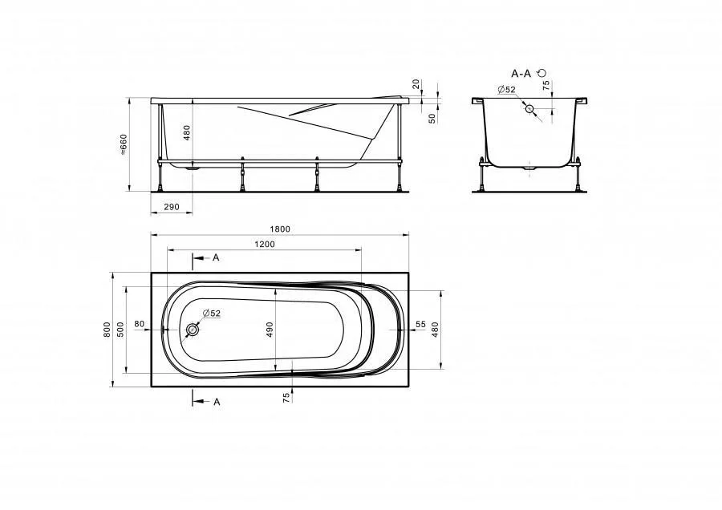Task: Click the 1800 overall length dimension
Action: click(x=280, y=229)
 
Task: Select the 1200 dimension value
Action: click(x=265, y=244)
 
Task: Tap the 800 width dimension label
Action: click(x=107, y=330)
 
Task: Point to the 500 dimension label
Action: click(x=120, y=330)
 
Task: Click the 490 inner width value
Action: click(x=270, y=330)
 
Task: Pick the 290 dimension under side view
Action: click(x=172, y=207)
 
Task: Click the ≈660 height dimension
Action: click(x=124, y=144)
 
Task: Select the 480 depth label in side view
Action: click(x=186, y=133)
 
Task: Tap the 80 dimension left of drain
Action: click(x=140, y=324)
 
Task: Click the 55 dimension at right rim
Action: click(x=420, y=324)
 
